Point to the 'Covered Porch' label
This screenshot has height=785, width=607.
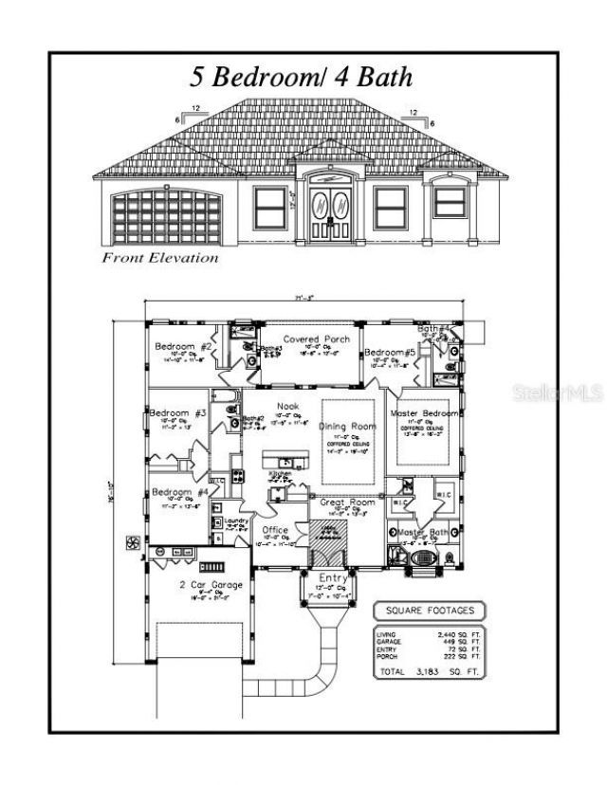click(x=317, y=338)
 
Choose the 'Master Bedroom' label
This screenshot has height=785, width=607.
click(x=425, y=414)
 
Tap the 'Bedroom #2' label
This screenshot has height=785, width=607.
click(x=183, y=347)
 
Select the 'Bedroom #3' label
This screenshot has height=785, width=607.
click(x=178, y=413)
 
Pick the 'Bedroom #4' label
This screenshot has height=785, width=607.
click(x=179, y=493)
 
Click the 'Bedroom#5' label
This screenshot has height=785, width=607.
click(x=391, y=353)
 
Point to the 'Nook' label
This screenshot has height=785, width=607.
click(x=287, y=407)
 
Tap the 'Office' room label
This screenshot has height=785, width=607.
click(x=275, y=530)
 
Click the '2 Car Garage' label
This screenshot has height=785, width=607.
click(x=211, y=585)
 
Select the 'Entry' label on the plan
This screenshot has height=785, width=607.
click(x=333, y=577)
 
